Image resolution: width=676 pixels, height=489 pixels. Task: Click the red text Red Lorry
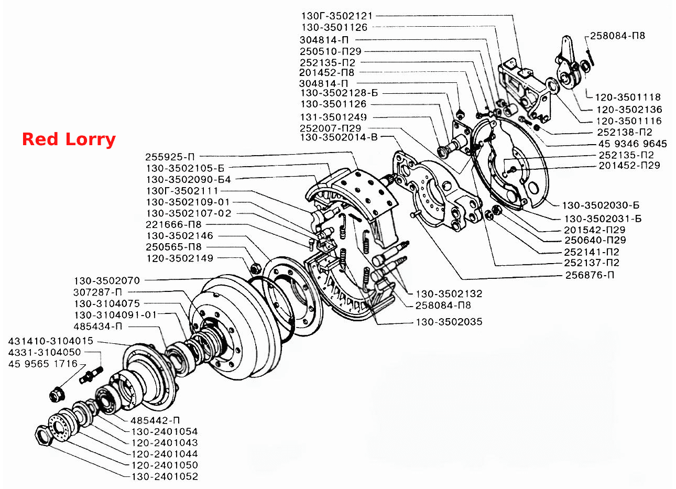pos(69,140)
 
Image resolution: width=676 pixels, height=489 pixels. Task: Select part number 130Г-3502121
pos(337,16)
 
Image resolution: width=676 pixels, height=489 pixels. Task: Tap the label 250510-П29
pos(331,51)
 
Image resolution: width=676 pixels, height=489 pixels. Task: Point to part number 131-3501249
pos(333,117)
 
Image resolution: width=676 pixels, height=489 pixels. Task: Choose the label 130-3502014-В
pos(339,137)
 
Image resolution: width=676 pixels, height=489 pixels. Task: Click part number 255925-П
pos(170,157)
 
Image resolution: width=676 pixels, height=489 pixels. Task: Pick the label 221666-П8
pos(173,224)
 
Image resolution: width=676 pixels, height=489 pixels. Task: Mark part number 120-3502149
pos(180,258)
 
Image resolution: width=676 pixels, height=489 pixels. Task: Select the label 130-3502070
pos(107,281)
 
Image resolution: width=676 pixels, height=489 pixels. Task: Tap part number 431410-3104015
pos(51,341)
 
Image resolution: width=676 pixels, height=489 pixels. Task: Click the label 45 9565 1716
pos(43,364)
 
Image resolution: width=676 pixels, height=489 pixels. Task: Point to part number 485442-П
pos(155,420)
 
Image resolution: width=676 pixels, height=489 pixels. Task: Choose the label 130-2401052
pos(165,476)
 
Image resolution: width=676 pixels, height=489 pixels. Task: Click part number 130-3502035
pos(449,322)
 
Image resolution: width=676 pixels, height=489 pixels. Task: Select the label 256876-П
pos(590,275)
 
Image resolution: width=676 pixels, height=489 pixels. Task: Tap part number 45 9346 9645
pos(633,144)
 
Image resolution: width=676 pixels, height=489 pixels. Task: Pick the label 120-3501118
pos(628,97)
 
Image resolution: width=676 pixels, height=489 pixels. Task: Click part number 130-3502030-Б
pos(601,205)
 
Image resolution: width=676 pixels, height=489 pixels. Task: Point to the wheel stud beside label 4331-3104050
pos(91,375)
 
